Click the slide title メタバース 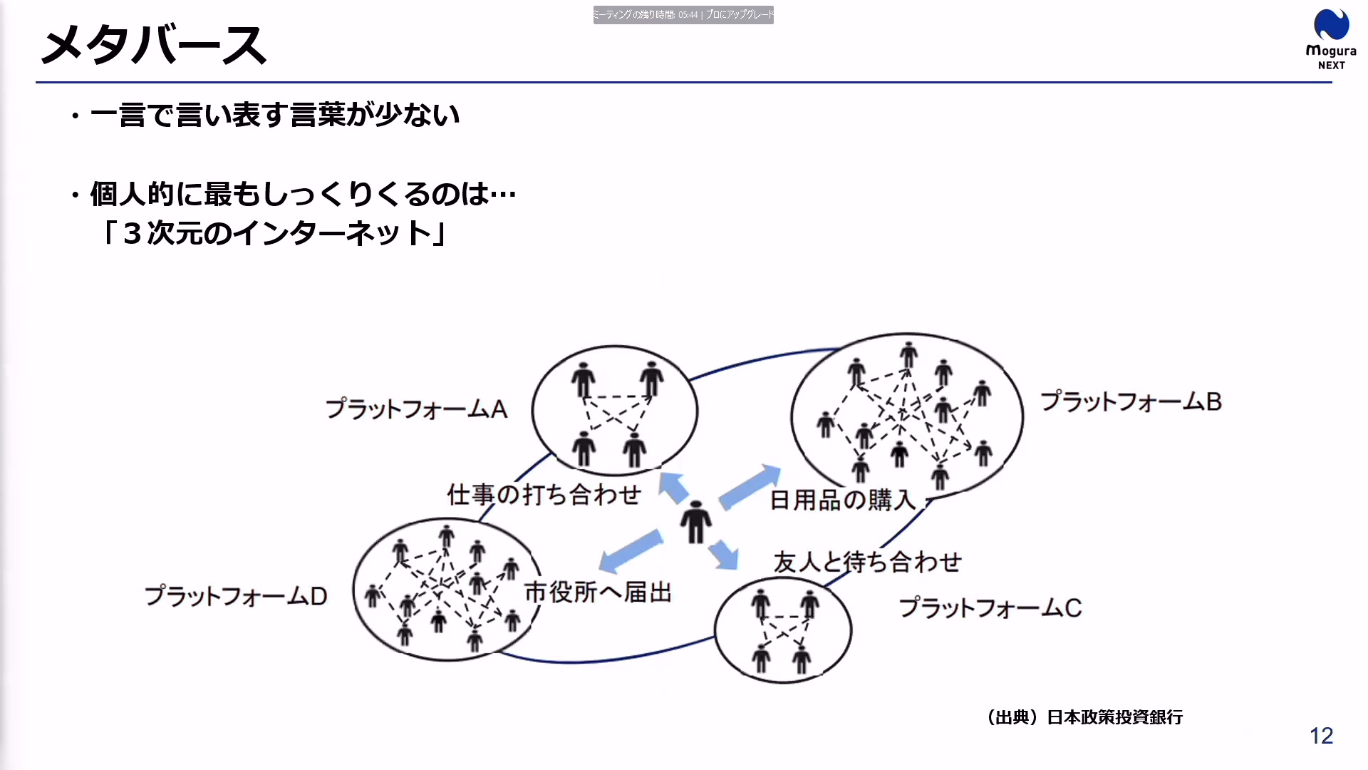[x=154, y=45]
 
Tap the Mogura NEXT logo [x=1331, y=39]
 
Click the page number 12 [x=1321, y=736]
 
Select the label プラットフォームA [x=416, y=409]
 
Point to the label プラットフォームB [x=1131, y=401]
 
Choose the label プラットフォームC [x=990, y=608]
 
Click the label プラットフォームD [x=236, y=596]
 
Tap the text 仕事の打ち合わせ [x=544, y=494]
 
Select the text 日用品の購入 [x=843, y=500]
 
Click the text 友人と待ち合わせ [x=868, y=562]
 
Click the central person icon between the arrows [x=695, y=523]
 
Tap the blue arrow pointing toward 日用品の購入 [x=750, y=487]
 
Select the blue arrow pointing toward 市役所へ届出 [x=630, y=550]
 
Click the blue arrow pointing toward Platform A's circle [x=673, y=487]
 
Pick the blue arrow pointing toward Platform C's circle [x=724, y=555]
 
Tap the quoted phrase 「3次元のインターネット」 [x=274, y=233]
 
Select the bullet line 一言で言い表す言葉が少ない [x=275, y=115]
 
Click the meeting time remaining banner [x=683, y=15]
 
